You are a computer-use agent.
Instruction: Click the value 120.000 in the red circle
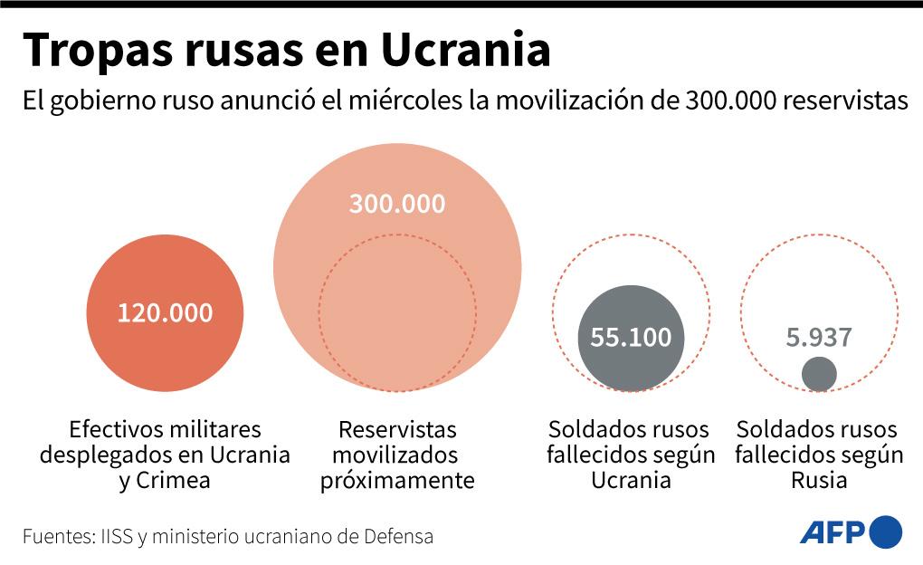165,313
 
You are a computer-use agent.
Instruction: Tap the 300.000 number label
397,204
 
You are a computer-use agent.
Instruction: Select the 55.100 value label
631,338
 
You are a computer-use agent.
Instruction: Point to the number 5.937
819,338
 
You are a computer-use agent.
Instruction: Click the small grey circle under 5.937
819,374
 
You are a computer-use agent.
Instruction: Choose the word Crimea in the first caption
173,480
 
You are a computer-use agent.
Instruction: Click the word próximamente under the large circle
397,480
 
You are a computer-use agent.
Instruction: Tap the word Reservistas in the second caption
397,429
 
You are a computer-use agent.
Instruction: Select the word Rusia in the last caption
819,480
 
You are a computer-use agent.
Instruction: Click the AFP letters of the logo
833,532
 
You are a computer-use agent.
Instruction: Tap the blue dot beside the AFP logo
886,532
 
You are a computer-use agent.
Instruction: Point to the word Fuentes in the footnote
56,536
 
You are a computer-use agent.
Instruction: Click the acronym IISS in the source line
115,536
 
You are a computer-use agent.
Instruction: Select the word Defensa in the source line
398,536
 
